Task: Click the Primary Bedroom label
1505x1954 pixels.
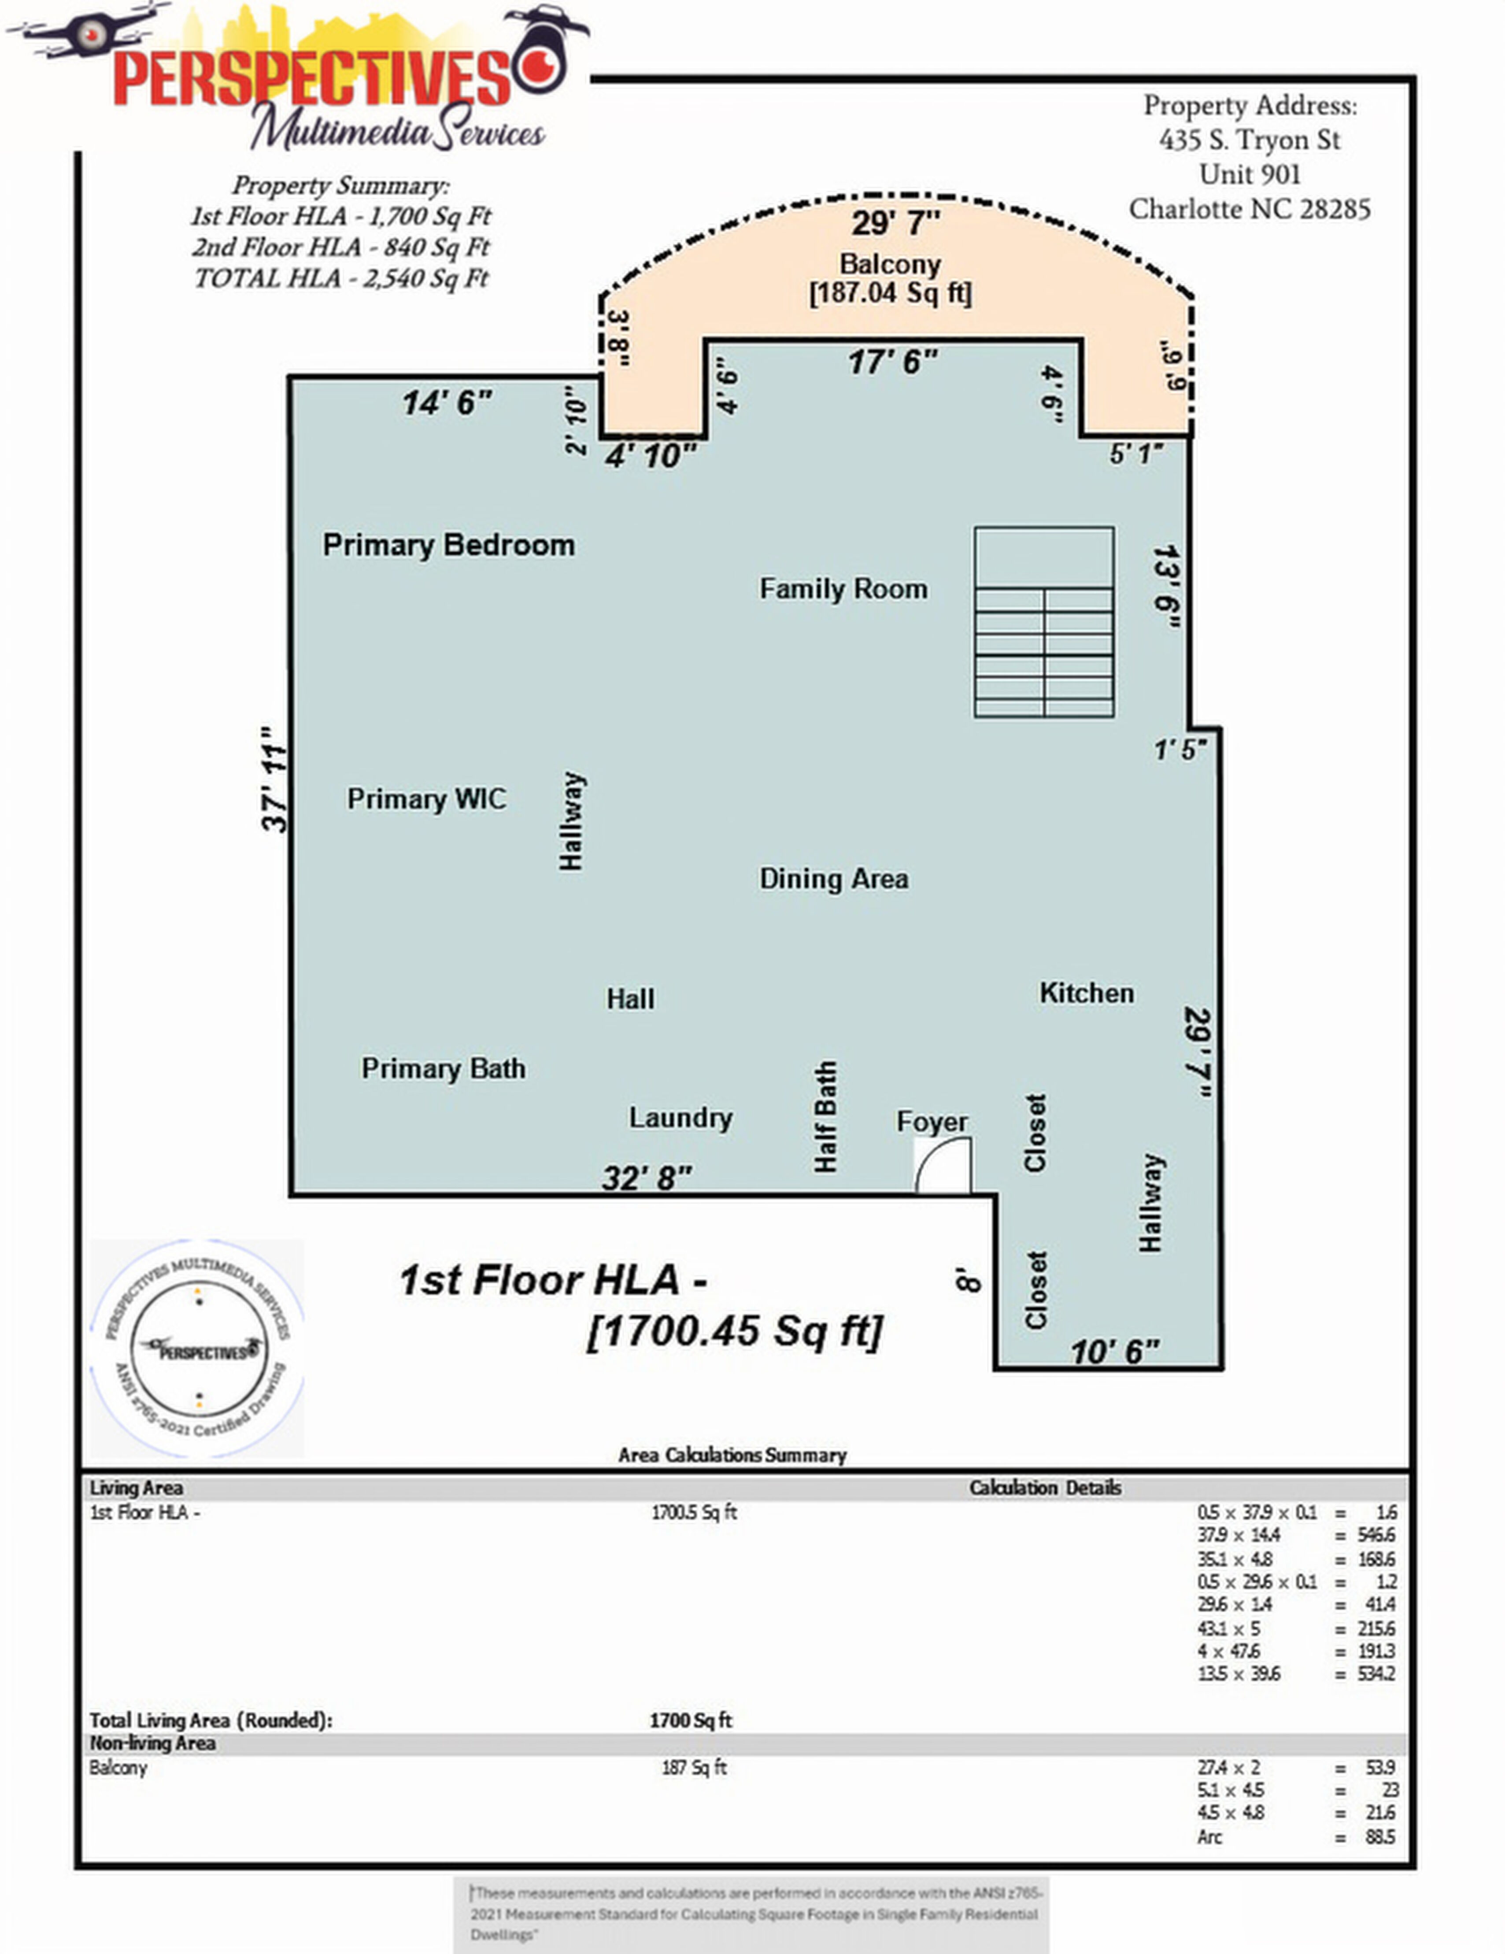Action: point(448,545)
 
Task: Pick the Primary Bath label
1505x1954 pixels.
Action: point(443,1068)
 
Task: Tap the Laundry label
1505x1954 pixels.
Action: point(680,1117)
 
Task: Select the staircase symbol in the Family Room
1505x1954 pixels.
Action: point(1044,622)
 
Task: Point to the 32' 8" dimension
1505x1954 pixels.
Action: point(647,1178)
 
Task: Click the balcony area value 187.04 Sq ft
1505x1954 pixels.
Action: point(890,293)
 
